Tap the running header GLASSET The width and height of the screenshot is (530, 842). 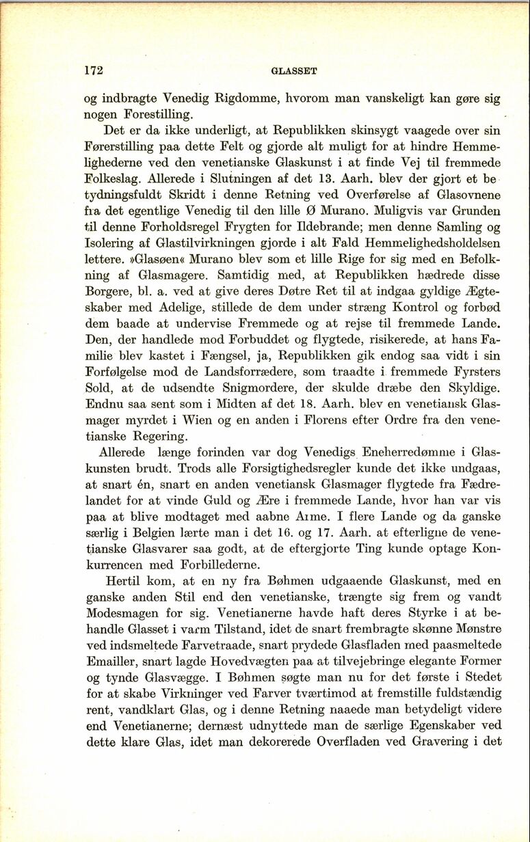coord(293,70)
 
